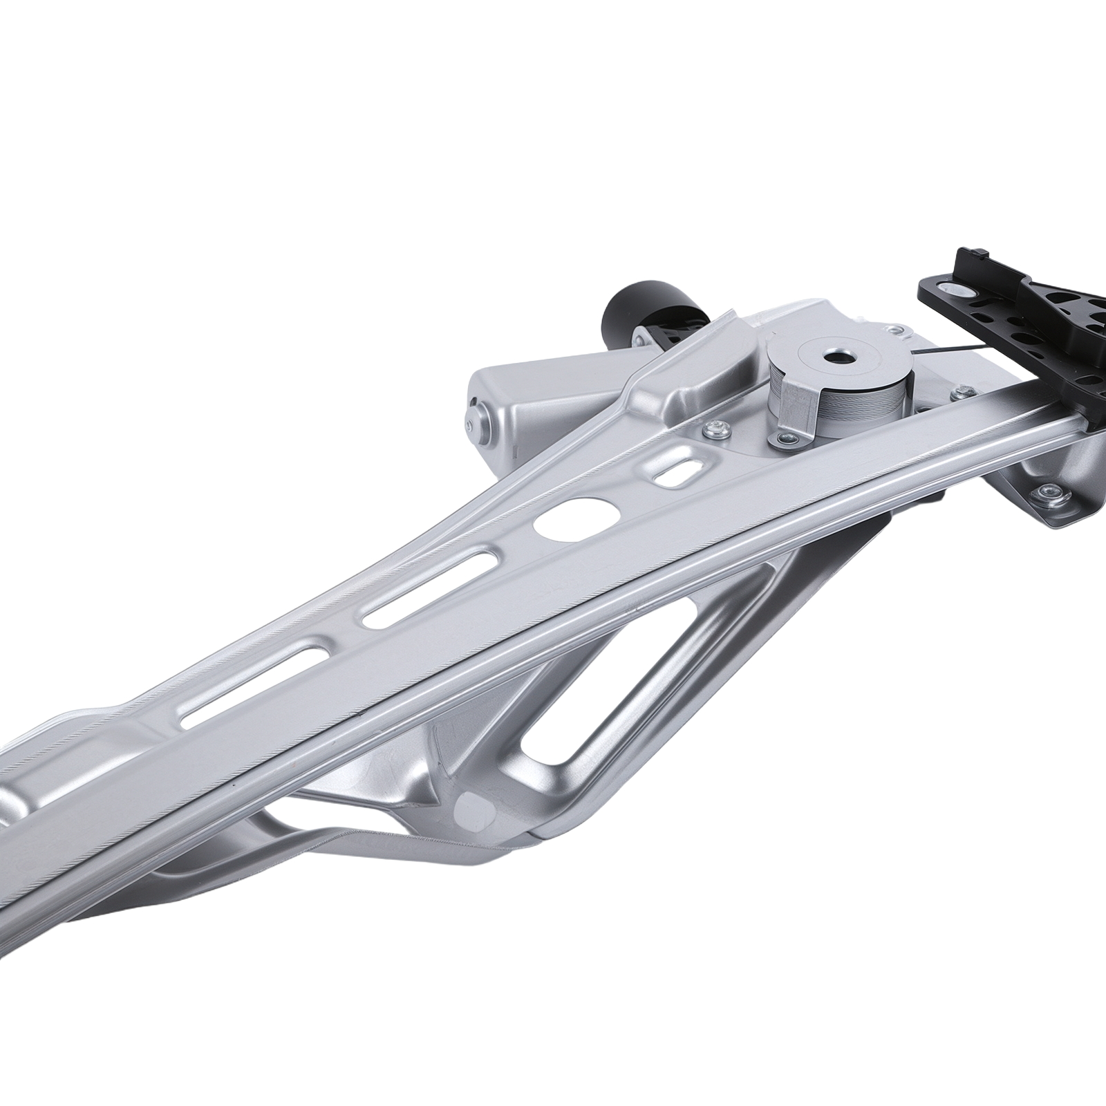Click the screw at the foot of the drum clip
coord(787,438)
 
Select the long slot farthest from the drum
coord(248,682)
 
